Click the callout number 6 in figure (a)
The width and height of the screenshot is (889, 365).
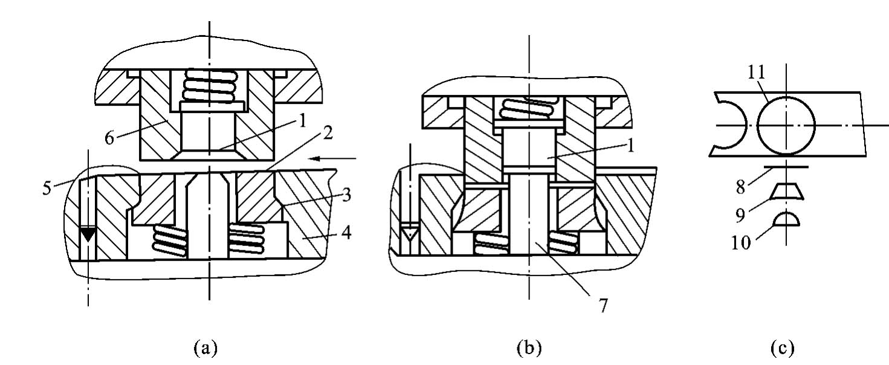109,138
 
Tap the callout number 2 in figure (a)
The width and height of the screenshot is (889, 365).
327,134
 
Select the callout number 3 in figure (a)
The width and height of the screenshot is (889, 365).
346,195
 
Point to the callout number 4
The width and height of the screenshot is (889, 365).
346,233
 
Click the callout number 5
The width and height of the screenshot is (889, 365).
47,189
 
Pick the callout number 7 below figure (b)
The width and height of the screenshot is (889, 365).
603,306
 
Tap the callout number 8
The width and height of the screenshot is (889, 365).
740,187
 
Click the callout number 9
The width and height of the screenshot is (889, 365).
740,215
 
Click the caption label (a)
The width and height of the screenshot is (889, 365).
205,348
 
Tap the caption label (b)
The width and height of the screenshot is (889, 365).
529,348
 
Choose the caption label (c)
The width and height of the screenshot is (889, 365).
782,348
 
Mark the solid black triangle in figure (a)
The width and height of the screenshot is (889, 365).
88,234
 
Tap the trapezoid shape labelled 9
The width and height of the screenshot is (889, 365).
787,192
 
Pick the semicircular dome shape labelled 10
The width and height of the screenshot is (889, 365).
787,219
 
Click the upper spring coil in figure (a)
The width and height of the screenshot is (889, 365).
210,85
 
